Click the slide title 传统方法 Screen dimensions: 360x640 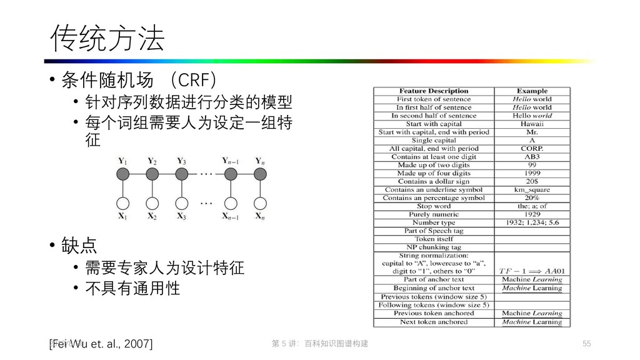point(107,39)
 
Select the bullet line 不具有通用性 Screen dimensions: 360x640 point(132,287)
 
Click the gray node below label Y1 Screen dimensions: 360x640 point(124,174)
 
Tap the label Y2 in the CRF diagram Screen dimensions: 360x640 point(152,161)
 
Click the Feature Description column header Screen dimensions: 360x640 point(434,91)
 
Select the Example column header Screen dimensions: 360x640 point(532,91)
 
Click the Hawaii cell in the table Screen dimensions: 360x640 point(532,124)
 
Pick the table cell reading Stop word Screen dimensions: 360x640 point(434,206)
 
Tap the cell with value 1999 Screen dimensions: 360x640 point(532,173)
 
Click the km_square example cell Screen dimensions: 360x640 point(532,190)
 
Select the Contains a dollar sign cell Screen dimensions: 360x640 point(434,181)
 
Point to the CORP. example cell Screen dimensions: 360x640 point(532,149)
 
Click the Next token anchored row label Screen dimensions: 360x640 point(434,322)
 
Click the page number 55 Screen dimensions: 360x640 point(586,344)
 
